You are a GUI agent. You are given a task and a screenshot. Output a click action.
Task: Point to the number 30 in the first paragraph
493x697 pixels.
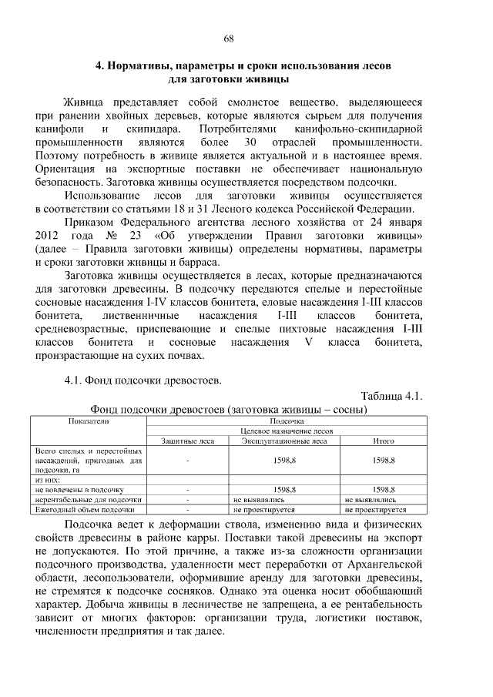pyautogui.click(x=249, y=142)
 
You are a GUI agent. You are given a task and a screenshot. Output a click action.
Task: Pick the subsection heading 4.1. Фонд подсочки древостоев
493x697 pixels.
pyautogui.click(x=144, y=380)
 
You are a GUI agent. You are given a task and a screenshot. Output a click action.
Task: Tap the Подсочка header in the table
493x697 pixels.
pyautogui.click(x=287, y=421)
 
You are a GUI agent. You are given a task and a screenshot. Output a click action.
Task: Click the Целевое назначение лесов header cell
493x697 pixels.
pyautogui.click(x=287, y=431)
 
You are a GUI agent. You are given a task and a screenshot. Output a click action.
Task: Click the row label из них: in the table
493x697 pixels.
pyautogui.click(x=49, y=479)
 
